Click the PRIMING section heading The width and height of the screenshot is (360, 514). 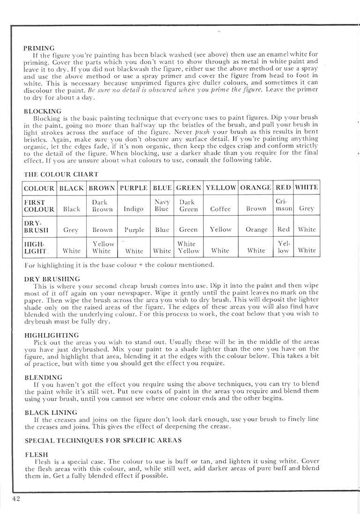point(39,48)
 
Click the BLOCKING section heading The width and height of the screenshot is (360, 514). point(43,111)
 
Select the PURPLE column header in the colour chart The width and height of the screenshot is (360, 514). point(134,188)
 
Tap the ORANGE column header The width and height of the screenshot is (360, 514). point(256,188)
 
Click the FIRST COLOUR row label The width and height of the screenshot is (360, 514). point(39,206)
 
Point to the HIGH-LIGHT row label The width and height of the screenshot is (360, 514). point(36,247)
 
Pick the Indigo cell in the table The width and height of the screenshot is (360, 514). point(133,209)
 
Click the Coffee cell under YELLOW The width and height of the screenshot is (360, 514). point(220,209)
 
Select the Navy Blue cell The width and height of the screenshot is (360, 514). point(162,206)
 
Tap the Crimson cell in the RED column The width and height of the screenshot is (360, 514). point(283,206)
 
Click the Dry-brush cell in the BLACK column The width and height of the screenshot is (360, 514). point(71,230)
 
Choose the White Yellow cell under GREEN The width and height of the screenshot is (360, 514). point(189,247)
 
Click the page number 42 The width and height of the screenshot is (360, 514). point(16,499)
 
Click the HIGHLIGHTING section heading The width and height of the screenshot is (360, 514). point(51,335)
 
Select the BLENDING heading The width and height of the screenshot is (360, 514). point(43,377)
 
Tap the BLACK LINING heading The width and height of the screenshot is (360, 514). point(51,412)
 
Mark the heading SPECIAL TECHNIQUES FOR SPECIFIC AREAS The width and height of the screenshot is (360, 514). point(103,441)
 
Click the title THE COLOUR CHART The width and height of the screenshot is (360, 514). point(61,174)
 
